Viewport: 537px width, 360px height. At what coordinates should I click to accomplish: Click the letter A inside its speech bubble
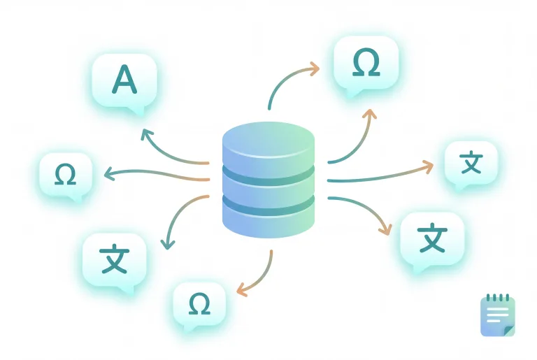(x=124, y=80)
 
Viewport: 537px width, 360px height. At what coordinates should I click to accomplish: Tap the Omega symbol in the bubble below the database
(x=199, y=303)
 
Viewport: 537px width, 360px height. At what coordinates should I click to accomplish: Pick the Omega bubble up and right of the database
(x=366, y=64)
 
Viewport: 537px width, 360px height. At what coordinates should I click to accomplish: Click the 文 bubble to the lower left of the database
(x=114, y=259)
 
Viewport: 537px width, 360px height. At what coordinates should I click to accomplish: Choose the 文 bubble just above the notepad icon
(x=432, y=239)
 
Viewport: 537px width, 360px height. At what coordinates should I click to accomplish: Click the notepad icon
(x=498, y=315)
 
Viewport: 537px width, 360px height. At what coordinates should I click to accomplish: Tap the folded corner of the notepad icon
(x=508, y=329)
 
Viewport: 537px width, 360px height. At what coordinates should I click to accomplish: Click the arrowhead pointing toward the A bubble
(x=145, y=134)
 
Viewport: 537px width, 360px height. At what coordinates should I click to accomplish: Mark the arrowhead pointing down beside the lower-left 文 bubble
(x=166, y=243)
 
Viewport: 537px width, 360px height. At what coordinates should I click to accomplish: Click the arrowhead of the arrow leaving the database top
(x=314, y=69)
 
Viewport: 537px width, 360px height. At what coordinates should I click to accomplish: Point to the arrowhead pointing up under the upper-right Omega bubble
(x=371, y=114)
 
